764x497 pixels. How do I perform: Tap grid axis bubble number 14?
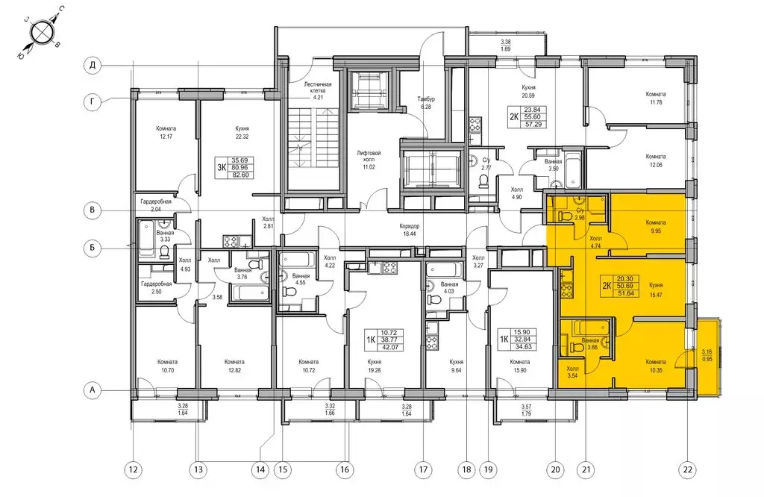click(260, 469)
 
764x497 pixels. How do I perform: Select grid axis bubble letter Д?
click(92, 65)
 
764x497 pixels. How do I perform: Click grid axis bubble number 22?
click(688, 469)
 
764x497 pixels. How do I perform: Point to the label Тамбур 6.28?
click(426, 102)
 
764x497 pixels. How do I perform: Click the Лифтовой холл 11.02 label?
click(369, 160)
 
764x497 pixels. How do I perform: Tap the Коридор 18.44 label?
click(410, 230)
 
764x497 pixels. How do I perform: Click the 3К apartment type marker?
click(222, 168)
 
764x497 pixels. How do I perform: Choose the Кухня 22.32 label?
click(242, 133)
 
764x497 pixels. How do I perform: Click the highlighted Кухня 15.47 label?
click(656, 290)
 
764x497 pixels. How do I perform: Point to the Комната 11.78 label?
click(656, 99)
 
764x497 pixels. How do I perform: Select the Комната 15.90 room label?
click(520, 366)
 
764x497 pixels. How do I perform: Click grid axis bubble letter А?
click(92, 390)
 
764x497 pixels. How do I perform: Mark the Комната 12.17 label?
click(166, 133)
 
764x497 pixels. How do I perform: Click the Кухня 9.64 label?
click(457, 366)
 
